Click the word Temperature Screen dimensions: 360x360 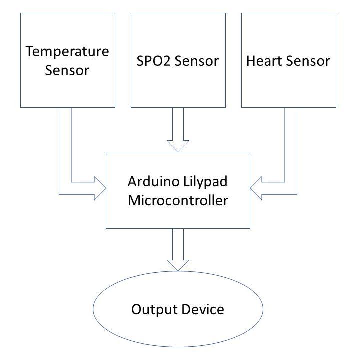pyautogui.click(x=67, y=51)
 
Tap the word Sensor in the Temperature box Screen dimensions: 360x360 pyautogui.click(x=67, y=70)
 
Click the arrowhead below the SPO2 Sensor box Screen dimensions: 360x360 pyautogui.click(x=178, y=145)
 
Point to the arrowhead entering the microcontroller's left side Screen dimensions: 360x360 pyautogui.click(x=100, y=188)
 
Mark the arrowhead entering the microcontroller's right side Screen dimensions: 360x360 pyautogui.click(x=256, y=188)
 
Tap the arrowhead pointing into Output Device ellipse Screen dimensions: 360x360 pyautogui.click(x=178, y=265)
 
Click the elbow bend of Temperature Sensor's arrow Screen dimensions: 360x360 pyautogui.click(x=65, y=188)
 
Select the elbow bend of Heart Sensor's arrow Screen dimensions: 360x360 pyautogui.click(x=291, y=188)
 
